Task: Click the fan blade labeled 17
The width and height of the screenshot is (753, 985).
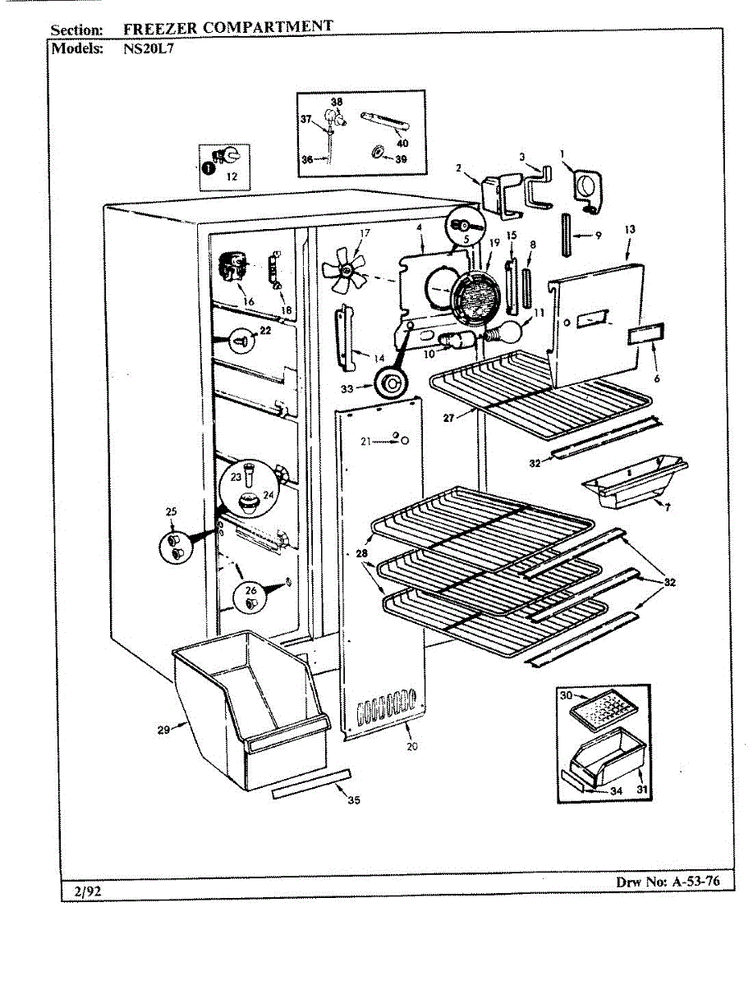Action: [345, 272]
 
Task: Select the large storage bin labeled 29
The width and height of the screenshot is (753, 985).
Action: [250, 713]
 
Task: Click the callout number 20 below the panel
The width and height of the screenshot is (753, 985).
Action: [412, 745]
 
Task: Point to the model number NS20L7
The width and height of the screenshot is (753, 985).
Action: [148, 48]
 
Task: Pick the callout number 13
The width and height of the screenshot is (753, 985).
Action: [630, 229]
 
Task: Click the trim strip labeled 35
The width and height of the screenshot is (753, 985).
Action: [311, 783]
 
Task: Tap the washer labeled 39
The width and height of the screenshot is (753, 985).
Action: [376, 153]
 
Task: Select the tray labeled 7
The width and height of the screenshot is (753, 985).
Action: [635, 483]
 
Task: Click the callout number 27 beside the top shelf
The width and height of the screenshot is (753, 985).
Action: [448, 419]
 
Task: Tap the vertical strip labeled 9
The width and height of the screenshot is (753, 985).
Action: [567, 235]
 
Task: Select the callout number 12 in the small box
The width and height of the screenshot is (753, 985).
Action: [232, 176]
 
